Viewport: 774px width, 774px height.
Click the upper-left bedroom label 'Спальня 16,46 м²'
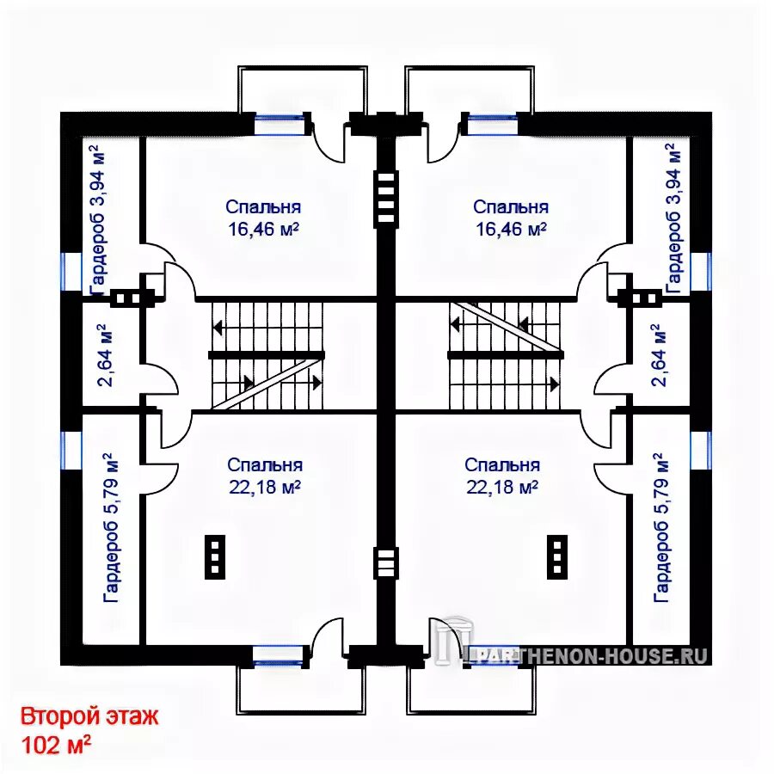point(263,218)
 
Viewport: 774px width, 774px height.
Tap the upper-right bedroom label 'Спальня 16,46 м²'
point(511,218)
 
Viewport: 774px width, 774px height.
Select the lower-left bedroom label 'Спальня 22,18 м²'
point(265,476)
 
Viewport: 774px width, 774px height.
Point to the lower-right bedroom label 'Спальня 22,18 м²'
point(502,476)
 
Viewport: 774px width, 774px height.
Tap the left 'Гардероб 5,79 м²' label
point(111,528)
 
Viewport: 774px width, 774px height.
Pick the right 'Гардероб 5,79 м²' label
point(661,528)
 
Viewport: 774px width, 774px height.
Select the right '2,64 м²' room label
point(660,354)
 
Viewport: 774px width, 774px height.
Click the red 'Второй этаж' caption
point(89,716)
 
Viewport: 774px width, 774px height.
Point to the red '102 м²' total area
point(55,745)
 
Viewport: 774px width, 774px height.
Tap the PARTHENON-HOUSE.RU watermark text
point(587,656)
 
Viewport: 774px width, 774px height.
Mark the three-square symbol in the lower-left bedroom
point(215,556)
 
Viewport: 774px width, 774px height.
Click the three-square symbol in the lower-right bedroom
point(556,556)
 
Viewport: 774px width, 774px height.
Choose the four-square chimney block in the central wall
point(385,198)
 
